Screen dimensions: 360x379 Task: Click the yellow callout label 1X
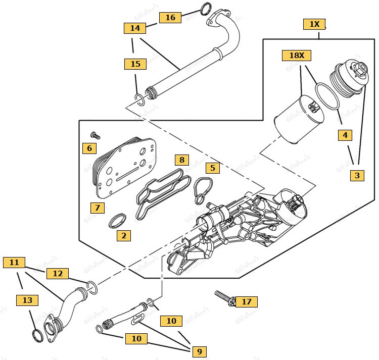click(314, 24)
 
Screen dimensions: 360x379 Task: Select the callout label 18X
click(297, 56)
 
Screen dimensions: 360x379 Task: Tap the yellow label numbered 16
click(170, 18)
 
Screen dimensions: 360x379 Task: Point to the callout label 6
click(89, 148)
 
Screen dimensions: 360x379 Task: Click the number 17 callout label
click(246, 302)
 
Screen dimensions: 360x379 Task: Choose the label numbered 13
click(27, 300)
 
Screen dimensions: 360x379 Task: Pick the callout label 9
click(199, 351)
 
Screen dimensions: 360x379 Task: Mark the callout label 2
click(124, 235)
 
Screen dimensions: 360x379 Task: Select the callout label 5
click(213, 168)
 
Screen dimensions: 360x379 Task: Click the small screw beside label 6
click(94, 135)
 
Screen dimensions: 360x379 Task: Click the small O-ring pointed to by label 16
click(205, 9)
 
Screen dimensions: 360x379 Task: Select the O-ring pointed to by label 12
click(91, 287)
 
